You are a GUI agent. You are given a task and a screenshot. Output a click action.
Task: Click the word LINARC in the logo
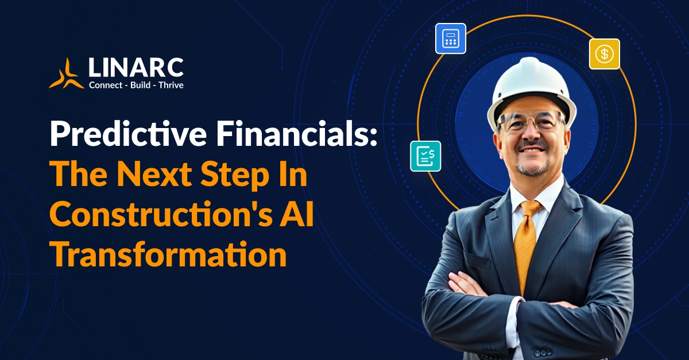136,68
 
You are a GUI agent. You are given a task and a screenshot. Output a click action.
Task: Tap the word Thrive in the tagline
171,85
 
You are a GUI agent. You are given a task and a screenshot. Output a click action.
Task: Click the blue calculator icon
450,38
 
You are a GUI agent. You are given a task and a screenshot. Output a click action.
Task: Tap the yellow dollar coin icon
604,54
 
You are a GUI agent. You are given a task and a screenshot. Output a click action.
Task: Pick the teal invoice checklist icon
425,156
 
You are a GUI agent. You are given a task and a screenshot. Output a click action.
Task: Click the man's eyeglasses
531,122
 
